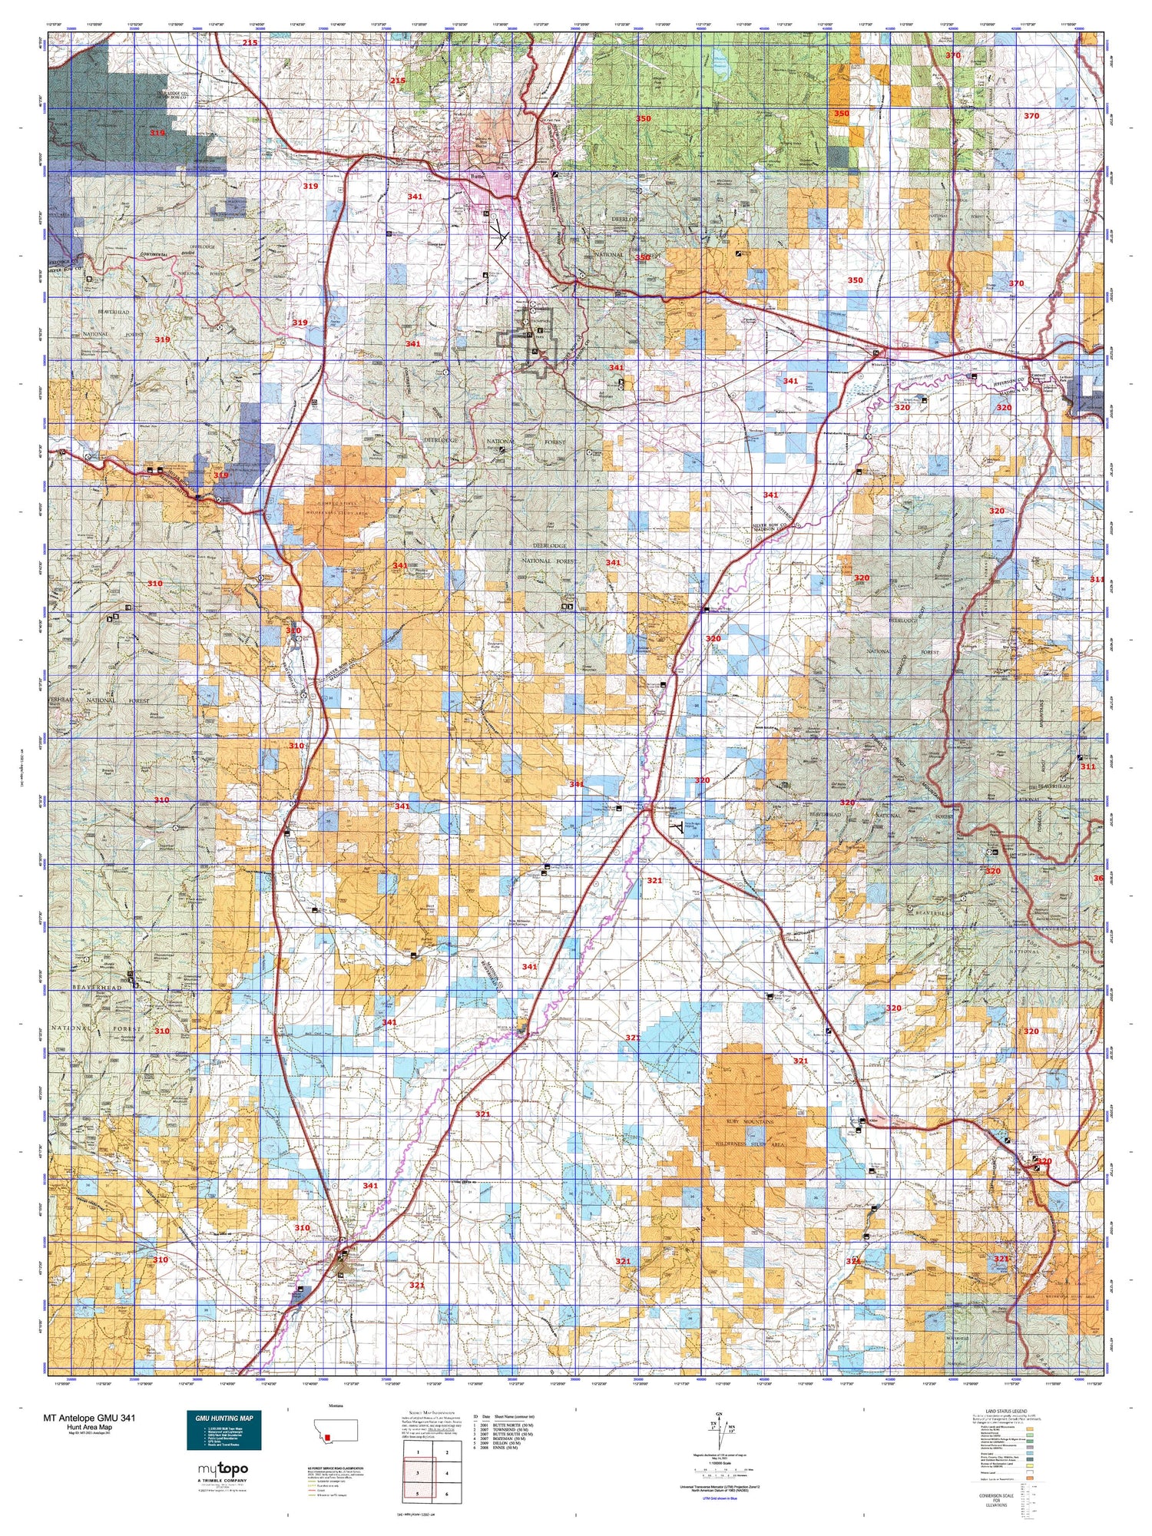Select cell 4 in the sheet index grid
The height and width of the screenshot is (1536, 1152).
pyautogui.click(x=447, y=1473)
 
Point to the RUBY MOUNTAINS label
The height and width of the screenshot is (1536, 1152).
pyautogui.click(x=750, y=1122)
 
